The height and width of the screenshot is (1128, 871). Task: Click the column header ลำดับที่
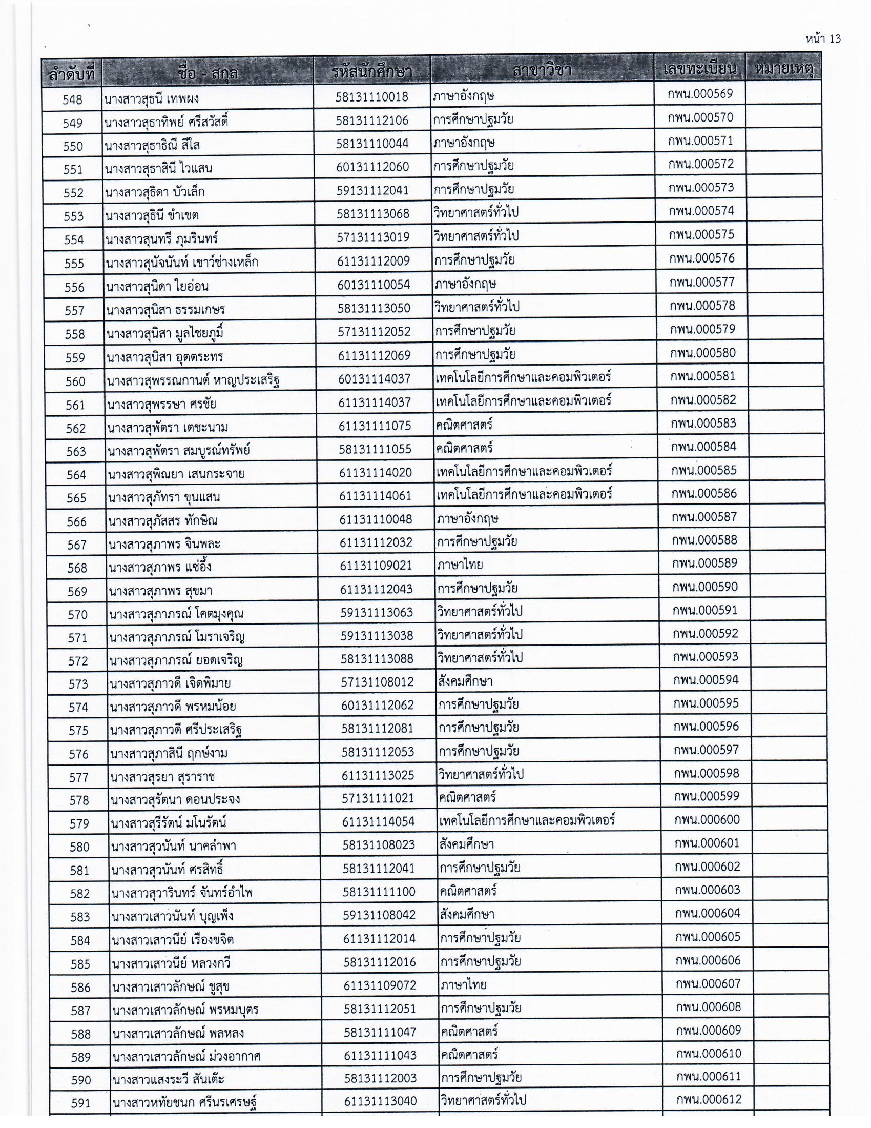[72, 73]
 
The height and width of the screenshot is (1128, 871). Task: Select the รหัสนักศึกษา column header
[371, 72]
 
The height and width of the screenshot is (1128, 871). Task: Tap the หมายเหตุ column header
[783, 69]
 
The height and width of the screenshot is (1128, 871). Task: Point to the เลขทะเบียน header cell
[700, 69]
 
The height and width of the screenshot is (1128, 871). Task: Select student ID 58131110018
[371, 97]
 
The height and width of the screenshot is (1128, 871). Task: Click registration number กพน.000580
[703, 353]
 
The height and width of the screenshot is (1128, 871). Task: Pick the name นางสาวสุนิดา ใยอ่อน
[157, 286]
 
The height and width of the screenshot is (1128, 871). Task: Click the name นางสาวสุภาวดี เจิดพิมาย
[170, 684]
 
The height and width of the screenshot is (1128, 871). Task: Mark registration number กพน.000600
[707, 820]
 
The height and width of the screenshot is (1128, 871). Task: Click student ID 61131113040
[380, 1101]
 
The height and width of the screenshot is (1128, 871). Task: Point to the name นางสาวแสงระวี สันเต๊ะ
[168, 1079]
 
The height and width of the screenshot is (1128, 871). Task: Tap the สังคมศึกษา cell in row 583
[467, 915]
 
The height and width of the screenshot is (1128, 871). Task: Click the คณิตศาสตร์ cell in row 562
[464, 425]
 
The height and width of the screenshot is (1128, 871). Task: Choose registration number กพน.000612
[709, 1100]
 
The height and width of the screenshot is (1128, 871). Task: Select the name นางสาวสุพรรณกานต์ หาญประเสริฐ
[193, 381]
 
